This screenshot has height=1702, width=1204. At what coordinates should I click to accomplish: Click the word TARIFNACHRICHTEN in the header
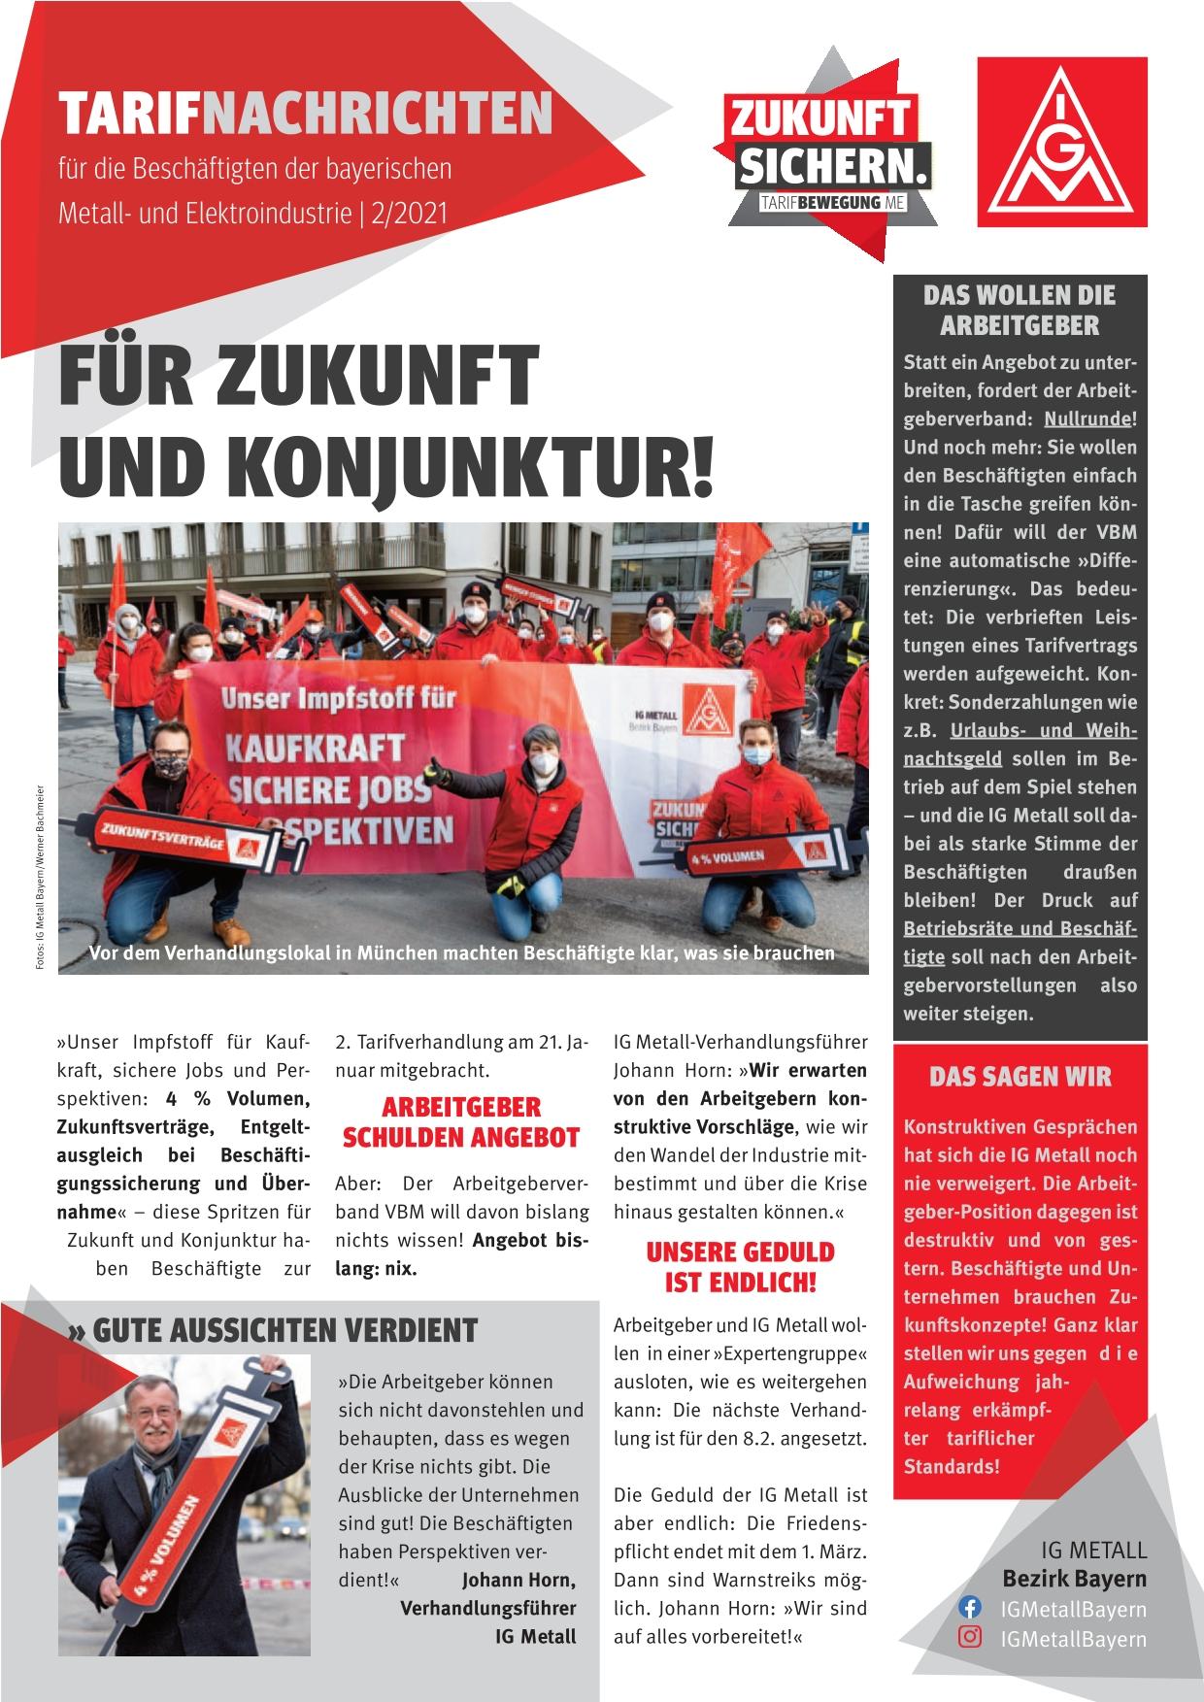[x=305, y=116]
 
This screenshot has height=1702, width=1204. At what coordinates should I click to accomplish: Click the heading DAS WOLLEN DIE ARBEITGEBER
[x=1019, y=310]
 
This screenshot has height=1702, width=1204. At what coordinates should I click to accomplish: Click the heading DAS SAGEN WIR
[x=1020, y=1077]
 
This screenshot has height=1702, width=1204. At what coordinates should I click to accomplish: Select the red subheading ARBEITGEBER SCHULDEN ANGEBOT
[x=460, y=1122]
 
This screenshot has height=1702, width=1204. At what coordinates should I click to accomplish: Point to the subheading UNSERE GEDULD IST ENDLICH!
[x=740, y=1266]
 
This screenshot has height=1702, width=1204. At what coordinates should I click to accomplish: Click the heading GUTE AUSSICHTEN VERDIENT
[x=275, y=1330]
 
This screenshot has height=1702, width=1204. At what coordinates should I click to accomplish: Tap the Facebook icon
[x=969, y=1608]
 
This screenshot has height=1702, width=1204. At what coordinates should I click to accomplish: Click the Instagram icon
[x=969, y=1638]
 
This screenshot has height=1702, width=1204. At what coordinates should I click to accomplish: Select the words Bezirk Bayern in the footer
[x=1074, y=1579]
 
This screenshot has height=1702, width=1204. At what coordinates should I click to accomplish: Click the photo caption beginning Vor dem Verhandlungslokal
[x=461, y=952]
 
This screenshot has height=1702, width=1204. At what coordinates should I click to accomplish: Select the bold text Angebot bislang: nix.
[x=460, y=1254]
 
